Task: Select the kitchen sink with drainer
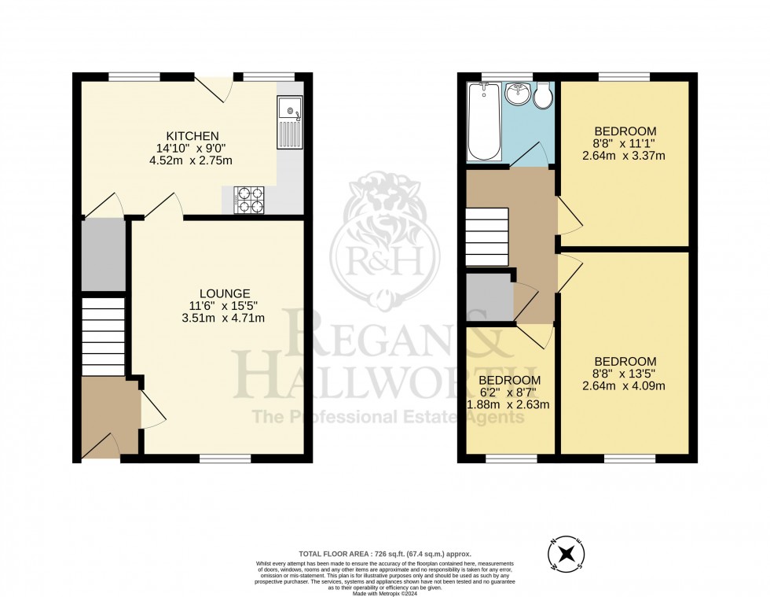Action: pos(288,122)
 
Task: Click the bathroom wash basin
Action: pos(517,95)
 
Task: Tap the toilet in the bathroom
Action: pos(542,95)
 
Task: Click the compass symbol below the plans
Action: pos(565,556)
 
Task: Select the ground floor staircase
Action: pos(103,335)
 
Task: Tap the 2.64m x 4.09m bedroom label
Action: pos(625,386)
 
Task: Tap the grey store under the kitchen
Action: pos(103,254)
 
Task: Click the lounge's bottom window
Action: pos(225,457)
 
